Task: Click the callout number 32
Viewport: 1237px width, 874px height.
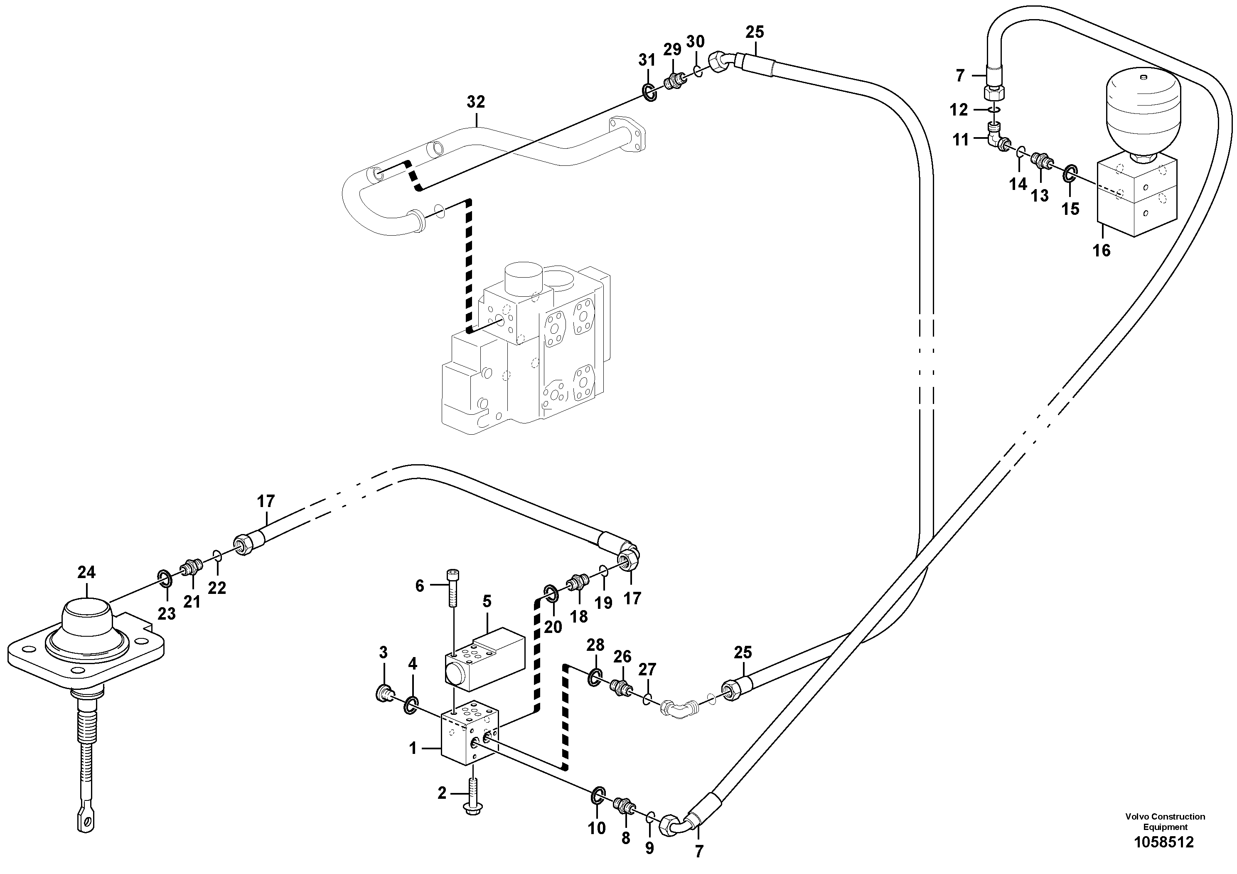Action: (x=476, y=102)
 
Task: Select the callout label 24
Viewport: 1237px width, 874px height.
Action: (x=86, y=572)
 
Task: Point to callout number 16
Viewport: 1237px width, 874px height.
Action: (x=1101, y=251)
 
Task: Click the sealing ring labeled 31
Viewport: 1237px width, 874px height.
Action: (x=650, y=93)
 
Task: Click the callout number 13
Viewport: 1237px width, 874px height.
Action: (x=1040, y=196)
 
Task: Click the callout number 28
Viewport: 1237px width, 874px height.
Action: (x=595, y=645)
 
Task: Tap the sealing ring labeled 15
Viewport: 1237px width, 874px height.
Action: (x=1070, y=173)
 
